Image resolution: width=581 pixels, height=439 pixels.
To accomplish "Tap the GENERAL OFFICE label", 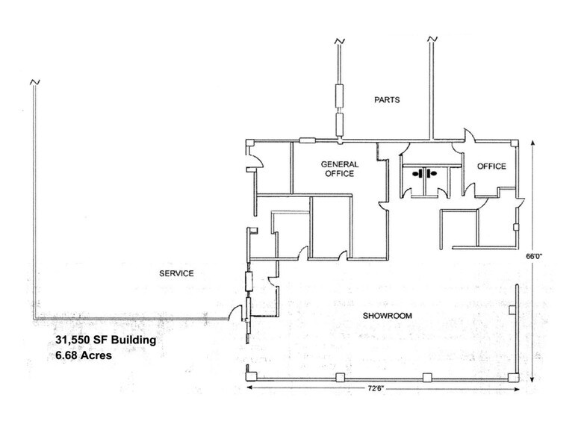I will [340, 169].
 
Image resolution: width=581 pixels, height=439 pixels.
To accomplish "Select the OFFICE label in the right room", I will [491, 166].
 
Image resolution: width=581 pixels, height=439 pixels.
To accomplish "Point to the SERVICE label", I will [176, 273].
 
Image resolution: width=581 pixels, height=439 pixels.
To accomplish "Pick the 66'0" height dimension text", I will [533, 255].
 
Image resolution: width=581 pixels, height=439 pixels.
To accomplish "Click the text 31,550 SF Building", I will [105, 340].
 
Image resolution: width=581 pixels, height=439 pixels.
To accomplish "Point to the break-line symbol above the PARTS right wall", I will [431, 37].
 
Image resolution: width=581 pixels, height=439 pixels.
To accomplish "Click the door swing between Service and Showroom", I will [237, 312].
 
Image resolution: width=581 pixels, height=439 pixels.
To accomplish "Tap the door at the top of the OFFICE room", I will [467, 136].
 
